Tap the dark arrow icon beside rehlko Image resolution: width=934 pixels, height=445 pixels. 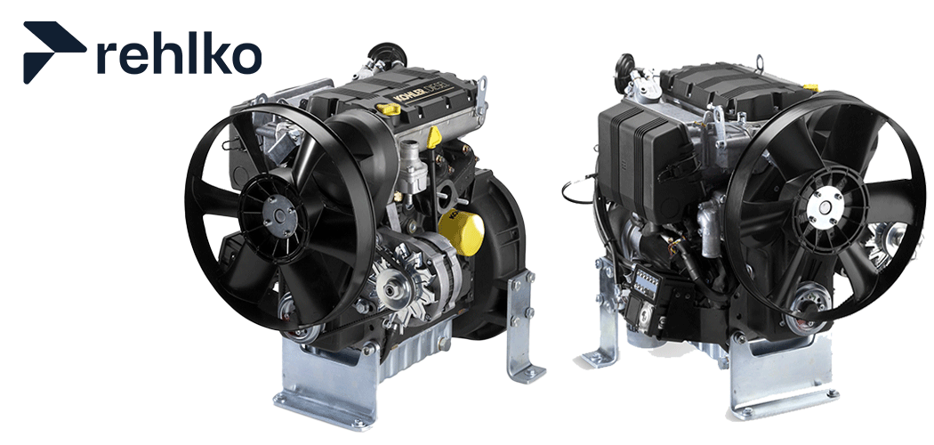53,52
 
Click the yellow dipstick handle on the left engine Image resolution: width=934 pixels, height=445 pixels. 434,135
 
